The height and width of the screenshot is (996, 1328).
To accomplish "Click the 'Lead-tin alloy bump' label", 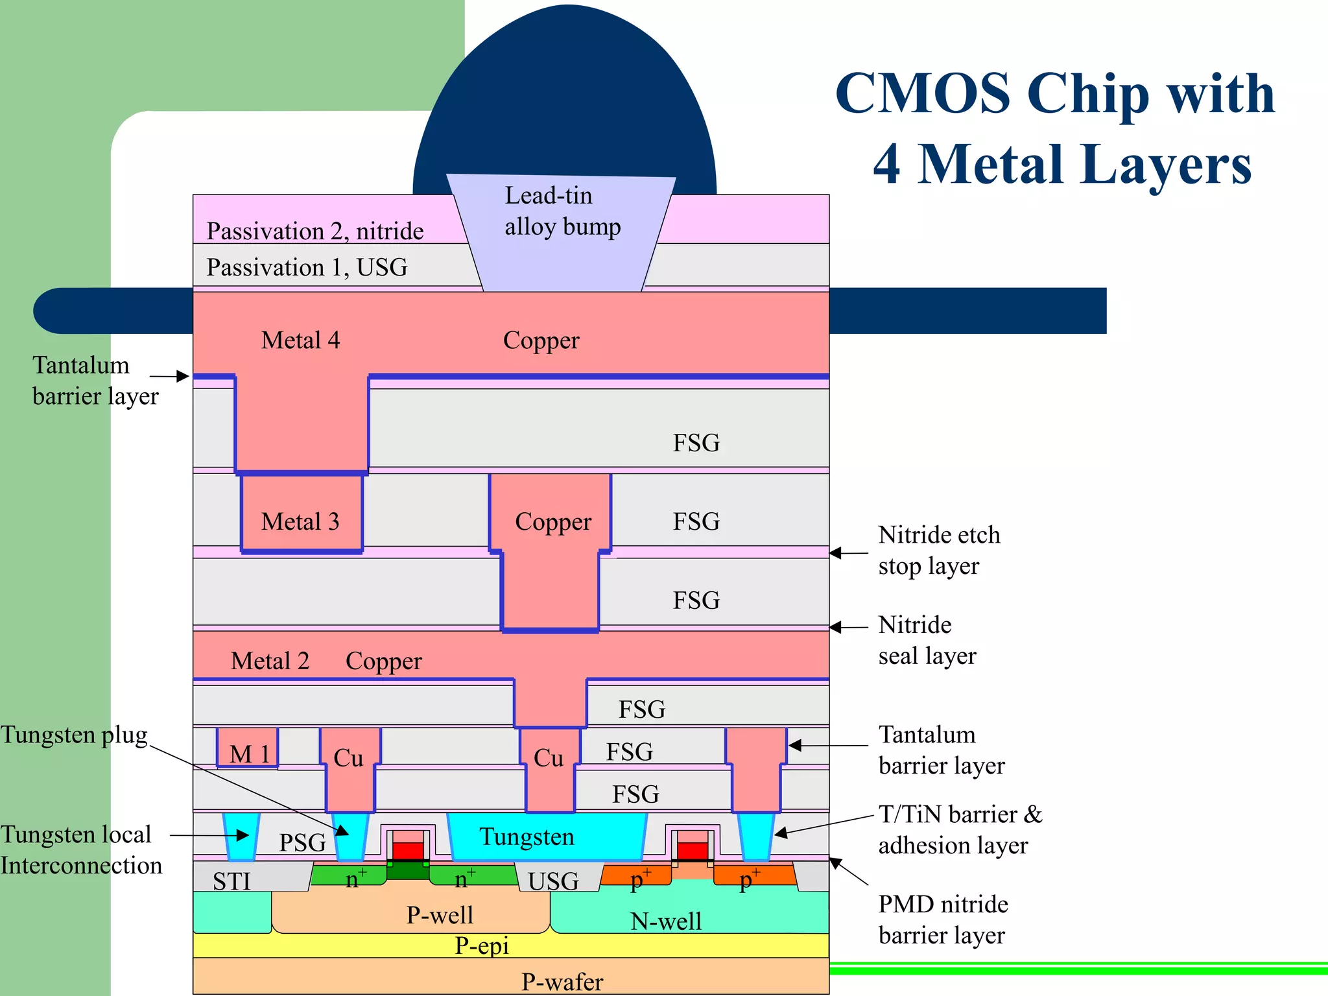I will coord(562,211).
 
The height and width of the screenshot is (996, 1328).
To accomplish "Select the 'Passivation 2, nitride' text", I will coord(314,231).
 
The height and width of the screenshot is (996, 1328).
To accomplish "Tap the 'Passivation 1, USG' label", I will coord(307,268).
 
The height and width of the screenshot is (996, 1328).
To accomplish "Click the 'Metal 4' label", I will coord(300,340).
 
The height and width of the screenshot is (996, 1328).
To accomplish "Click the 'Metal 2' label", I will coord(270,661).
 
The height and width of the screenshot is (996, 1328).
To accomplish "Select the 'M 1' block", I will coord(248,752).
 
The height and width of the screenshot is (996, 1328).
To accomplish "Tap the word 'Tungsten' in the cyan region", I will coord(527,837).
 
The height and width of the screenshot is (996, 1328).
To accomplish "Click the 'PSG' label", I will coord(302,842).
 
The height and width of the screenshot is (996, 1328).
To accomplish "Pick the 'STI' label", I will coord(231,882).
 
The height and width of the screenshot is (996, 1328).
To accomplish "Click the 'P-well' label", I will coord(440,915).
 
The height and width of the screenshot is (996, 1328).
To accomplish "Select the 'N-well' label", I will coord(666,921).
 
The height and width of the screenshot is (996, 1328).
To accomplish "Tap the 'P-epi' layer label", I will coord(481,946).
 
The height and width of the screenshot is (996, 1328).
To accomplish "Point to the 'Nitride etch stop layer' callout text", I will coord(939,551).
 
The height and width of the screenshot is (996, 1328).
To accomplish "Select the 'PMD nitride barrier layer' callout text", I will coord(943,919).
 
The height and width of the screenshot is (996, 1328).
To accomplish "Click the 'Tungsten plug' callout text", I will coord(74,735).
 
